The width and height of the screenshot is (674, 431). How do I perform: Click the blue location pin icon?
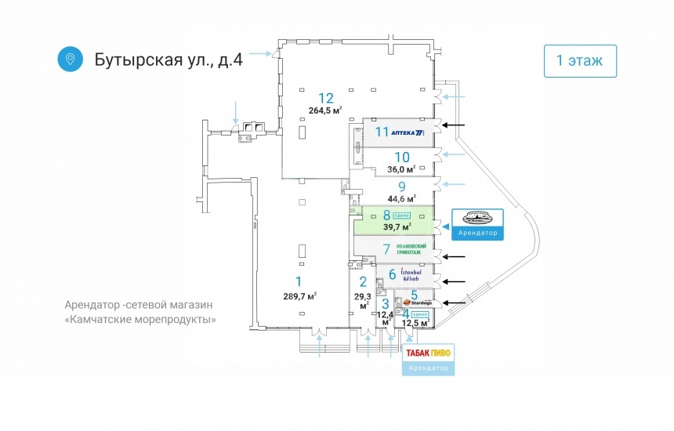(71, 59)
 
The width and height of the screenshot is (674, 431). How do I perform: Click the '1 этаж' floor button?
(580, 60)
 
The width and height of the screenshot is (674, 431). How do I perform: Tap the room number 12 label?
(326, 98)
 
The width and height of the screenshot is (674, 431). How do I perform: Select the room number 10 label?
(402, 157)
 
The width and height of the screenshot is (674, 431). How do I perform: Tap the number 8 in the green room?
(386, 215)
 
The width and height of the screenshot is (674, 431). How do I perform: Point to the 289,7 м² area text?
(299, 296)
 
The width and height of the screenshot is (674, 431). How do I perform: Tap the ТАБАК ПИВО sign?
(428, 353)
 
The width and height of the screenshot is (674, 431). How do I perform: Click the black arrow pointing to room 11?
(454, 125)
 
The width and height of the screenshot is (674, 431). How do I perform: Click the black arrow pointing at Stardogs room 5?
(454, 302)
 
